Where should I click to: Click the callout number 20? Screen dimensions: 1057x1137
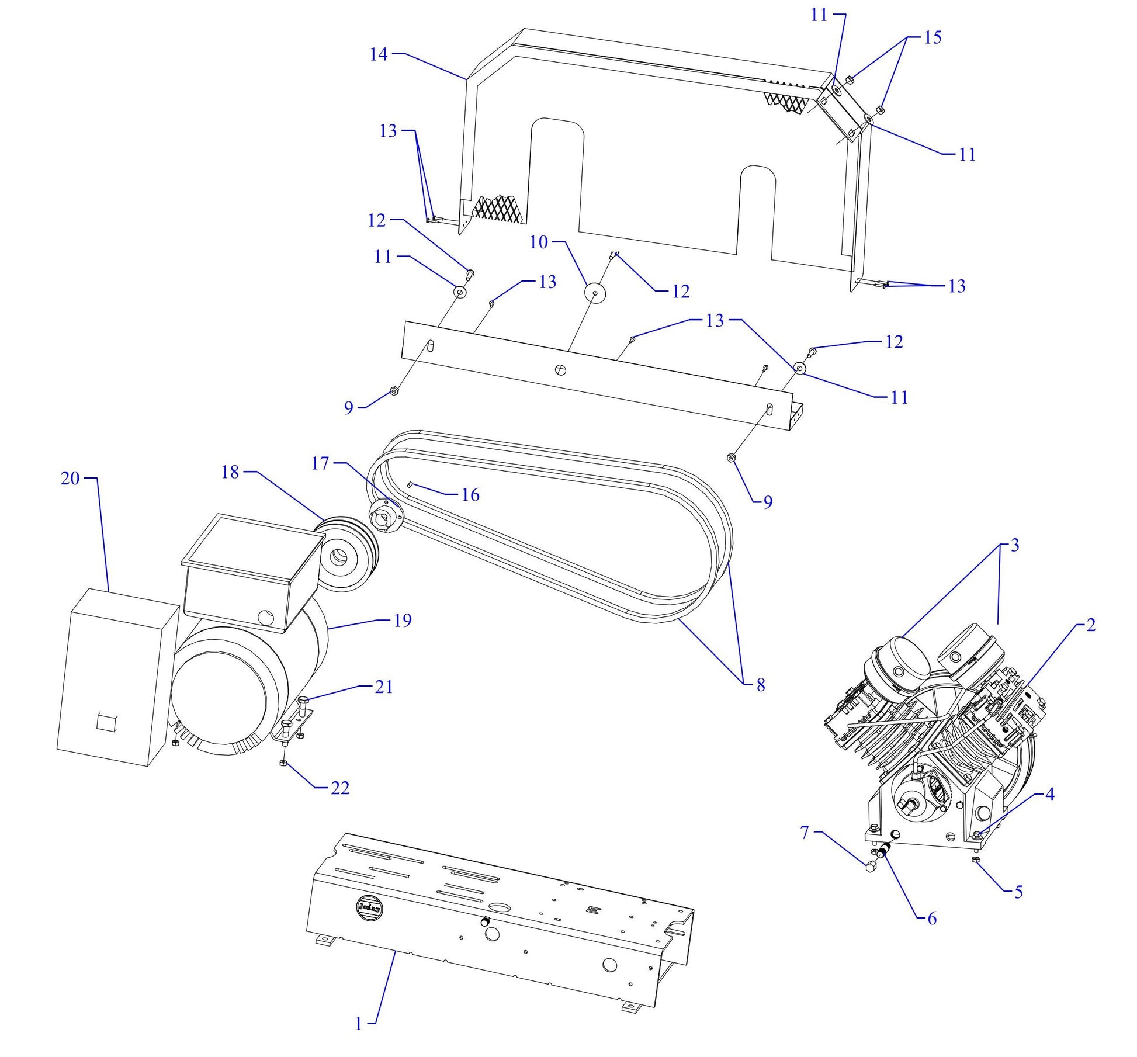point(70,479)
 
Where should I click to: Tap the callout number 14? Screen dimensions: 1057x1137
point(378,54)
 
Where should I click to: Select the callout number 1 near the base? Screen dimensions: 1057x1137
point(358,1023)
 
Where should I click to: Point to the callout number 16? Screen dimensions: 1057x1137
point(470,495)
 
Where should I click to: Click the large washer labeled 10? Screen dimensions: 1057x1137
point(595,292)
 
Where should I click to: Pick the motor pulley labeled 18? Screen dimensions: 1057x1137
point(346,554)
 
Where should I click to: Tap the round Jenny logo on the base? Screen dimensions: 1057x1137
point(369,907)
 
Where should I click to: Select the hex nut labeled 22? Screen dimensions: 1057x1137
point(283,764)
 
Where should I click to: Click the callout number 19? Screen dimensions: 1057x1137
point(403,621)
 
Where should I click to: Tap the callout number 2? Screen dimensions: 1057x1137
point(1090,625)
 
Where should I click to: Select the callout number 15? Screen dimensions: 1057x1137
point(933,37)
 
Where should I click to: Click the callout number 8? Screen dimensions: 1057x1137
point(760,685)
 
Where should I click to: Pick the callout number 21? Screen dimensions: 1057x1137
point(383,687)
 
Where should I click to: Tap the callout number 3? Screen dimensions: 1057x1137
point(1014,545)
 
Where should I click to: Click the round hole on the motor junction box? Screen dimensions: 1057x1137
point(266,616)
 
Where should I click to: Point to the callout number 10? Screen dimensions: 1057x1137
point(538,242)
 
